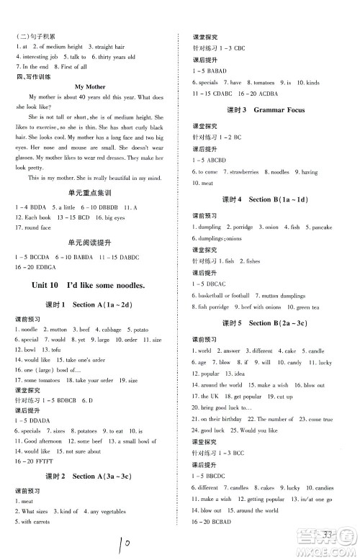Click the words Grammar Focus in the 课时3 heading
pyautogui.click(x=279, y=109)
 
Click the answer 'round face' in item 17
pyautogui.click(x=37, y=227)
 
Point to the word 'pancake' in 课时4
pyautogui.click(x=321, y=227)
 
